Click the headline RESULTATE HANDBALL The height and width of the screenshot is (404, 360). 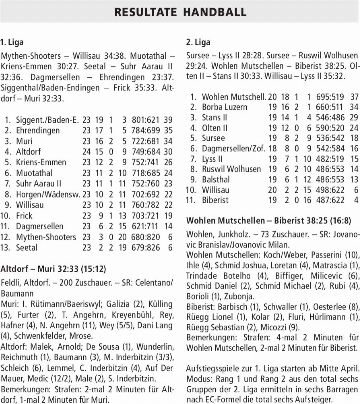(180, 12)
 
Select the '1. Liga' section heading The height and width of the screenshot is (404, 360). (12, 42)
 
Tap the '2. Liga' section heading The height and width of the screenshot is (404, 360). (198, 42)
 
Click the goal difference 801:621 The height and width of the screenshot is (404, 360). (146, 119)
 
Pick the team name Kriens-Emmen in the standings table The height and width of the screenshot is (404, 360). (41, 162)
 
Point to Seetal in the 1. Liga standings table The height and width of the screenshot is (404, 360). (27, 248)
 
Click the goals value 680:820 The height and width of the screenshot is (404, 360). (146, 237)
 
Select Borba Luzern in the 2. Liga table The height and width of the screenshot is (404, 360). (224, 107)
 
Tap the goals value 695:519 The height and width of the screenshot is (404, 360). (330, 97)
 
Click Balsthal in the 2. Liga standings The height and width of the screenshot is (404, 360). (216, 179)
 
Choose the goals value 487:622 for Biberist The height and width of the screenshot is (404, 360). (330, 200)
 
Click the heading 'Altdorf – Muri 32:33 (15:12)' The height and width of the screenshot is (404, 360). (53, 269)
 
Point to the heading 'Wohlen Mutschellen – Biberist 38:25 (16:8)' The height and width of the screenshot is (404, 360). (268, 221)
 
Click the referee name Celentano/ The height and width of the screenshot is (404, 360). (153, 283)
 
